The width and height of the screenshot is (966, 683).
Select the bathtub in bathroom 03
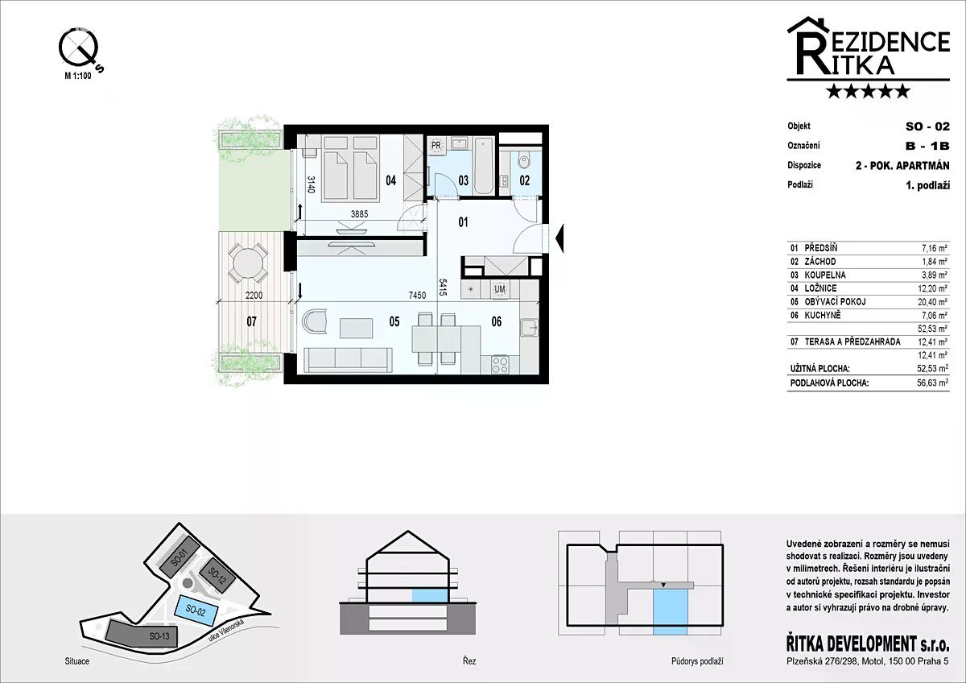coord(485,166)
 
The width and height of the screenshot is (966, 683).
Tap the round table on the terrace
coord(248,263)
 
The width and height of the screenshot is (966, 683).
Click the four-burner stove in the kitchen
coord(500,364)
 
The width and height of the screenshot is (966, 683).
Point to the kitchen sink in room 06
coord(529,328)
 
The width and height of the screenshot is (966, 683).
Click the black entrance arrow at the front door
coord(559,238)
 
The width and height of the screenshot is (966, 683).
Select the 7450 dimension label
coord(417,296)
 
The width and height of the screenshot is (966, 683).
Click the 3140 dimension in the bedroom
coord(312,184)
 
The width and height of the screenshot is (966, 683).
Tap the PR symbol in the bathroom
coord(436,146)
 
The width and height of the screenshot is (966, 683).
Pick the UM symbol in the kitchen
coord(500,289)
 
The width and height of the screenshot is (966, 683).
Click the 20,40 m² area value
coord(932,302)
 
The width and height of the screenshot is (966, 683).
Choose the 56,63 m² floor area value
coord(932,383)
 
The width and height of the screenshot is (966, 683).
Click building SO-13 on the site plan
coord(142,634)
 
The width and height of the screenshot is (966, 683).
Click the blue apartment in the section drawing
coord(430,595)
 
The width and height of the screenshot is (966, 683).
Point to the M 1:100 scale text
coord(78,76)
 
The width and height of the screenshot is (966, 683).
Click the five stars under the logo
coord(869,92)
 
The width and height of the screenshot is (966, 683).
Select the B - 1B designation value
coord(927,146)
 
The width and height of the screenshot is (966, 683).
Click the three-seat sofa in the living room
coord(348,360)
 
